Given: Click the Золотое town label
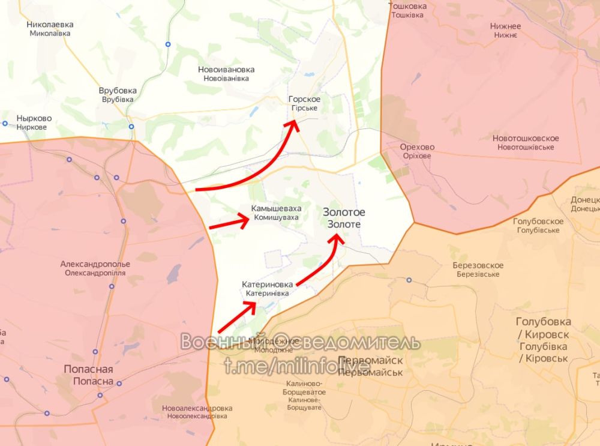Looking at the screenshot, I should click(x=344, y=212).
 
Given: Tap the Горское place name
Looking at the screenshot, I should click(x=304, y=99).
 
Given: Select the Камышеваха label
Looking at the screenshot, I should click(x=276, y=208).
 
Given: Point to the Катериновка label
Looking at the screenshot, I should click(x=267, y=284).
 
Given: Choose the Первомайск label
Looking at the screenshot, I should click(x=370, y=360).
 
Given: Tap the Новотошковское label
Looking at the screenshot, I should click(x=526, y=139).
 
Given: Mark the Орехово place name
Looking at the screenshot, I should click(x=417, y=147).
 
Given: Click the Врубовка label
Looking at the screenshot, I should click(x=118, y=91).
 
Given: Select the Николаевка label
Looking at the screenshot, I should click(x=50, y=25).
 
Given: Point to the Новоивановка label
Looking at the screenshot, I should click(x=226, y=70).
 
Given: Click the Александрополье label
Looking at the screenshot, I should click(x=95, y=264).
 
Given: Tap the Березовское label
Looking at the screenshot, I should click(x=478, y=265).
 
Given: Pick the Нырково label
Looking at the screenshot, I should click(x=34, y=118).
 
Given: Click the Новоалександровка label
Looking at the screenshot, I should click(x=197, y=408).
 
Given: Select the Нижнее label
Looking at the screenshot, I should click(x=505, y=26).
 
